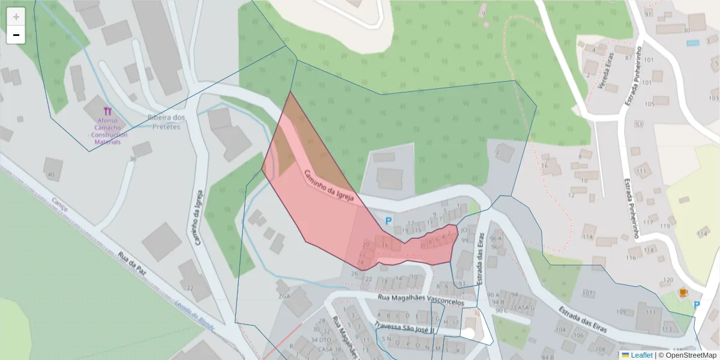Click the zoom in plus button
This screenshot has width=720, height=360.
16,17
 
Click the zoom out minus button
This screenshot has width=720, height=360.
16,35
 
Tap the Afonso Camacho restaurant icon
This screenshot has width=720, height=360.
107,111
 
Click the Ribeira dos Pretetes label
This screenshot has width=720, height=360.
166,122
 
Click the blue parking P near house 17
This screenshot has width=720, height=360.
388,221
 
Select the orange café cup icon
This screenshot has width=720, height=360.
682,292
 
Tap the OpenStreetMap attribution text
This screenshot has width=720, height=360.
687,355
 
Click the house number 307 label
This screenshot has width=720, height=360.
587,293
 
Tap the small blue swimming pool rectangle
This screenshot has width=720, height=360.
693,43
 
